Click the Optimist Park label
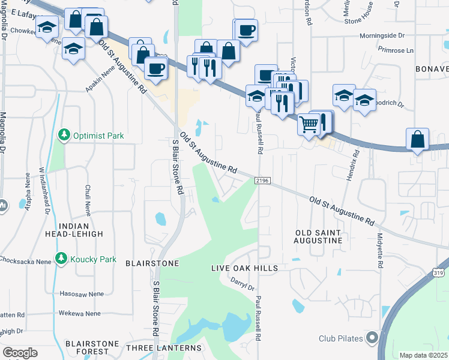(98, 136)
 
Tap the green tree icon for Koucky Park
(61, 259)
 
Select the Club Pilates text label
(341, 338)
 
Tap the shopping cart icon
(308, 124)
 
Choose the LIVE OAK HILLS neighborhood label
(244, 268)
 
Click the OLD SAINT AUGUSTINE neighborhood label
(318, 236)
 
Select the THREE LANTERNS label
(163, 348)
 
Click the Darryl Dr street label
(243, 284)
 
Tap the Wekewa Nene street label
(79, 313)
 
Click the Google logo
(20, 353)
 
